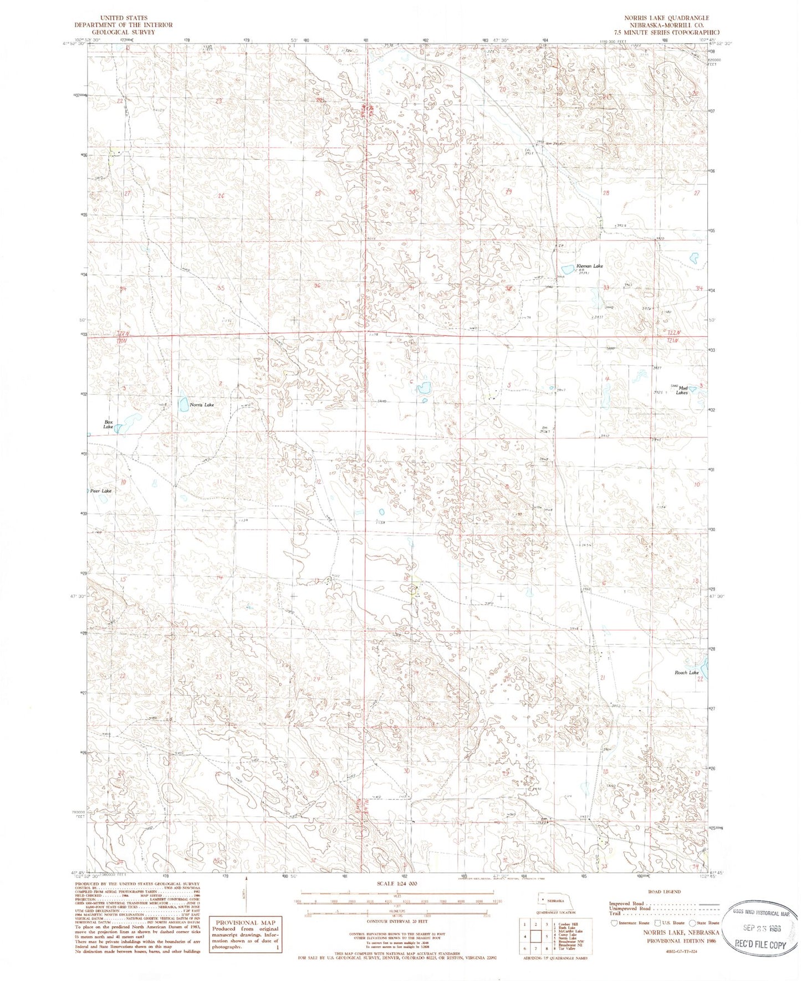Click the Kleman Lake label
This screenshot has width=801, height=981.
tap(589, 266)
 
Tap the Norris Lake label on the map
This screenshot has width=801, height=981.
tap(202, 405)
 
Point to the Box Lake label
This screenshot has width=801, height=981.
tap(109, 425)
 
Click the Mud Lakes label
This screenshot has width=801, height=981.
tap(681, 390)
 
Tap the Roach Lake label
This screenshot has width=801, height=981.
tap(686, 673)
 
